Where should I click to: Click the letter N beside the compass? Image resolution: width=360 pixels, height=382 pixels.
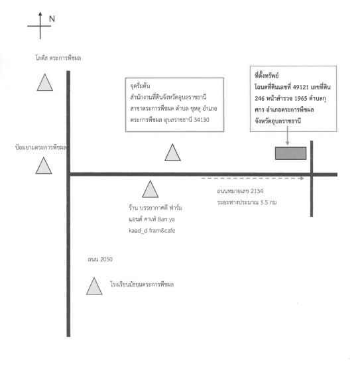click(52, 19)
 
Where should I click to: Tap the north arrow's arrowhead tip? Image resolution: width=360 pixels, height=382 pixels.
click(40, 12)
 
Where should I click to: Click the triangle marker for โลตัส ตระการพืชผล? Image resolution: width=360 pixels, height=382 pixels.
click(45, 83)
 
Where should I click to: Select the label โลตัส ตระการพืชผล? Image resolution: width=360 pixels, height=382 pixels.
click(58, 58)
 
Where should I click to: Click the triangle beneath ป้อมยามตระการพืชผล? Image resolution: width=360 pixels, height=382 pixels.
click(44, 166)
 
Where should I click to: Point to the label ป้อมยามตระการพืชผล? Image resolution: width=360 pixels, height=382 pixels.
click(40, 147)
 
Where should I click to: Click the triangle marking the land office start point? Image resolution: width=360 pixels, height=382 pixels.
click(172, 153)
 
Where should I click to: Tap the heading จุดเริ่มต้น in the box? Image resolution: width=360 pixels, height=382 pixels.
click(140, 86)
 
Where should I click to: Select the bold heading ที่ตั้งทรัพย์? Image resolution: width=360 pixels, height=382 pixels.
click(267, 76)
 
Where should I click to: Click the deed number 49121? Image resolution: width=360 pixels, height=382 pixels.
click(300, 87)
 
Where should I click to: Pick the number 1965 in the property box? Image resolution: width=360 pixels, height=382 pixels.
click(300, 98)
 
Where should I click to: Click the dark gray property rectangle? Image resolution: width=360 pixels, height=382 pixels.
click(291, 153)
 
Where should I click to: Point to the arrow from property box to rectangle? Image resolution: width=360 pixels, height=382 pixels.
click(288, 135)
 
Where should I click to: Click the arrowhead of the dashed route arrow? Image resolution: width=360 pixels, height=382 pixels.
click(302, 178)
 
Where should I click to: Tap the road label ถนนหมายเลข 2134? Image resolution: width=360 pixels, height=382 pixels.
click(240, 191)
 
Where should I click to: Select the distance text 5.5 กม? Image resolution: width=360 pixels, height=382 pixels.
click(269, 202)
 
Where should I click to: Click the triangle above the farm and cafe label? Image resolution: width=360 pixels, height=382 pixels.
click(150, 189)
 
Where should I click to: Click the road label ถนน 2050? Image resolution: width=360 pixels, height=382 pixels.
click(100, 259)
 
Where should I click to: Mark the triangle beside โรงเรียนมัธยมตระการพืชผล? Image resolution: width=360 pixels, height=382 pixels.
click(94, 286)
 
